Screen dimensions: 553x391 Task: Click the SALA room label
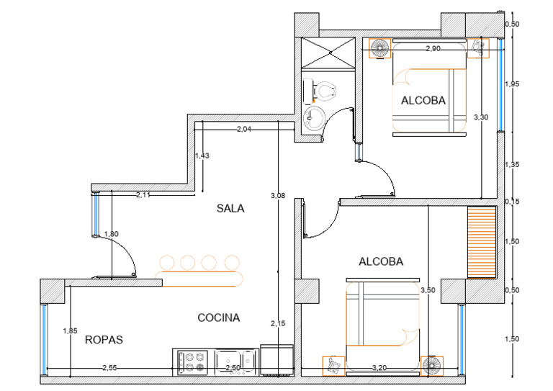point(230,209)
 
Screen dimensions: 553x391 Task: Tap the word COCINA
point(218,317)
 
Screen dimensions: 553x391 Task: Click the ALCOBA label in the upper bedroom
point(423,101)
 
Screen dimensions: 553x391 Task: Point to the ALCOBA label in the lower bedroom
point(381,261)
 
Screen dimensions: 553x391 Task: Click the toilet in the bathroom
point(321,90)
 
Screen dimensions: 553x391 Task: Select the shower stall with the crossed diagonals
point(328,53)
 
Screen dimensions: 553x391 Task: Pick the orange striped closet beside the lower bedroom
point(482,242)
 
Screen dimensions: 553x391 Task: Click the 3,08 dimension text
point(277,195)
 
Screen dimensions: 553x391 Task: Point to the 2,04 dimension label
point(244,130)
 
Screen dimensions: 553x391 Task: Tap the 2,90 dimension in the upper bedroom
point(433,49)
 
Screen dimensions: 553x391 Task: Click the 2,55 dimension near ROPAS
point(109,368)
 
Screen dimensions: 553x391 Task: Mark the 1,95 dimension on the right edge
point(512,84)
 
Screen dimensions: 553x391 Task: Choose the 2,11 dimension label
point(143,194)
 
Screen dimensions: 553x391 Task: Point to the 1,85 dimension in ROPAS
point(70,331)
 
